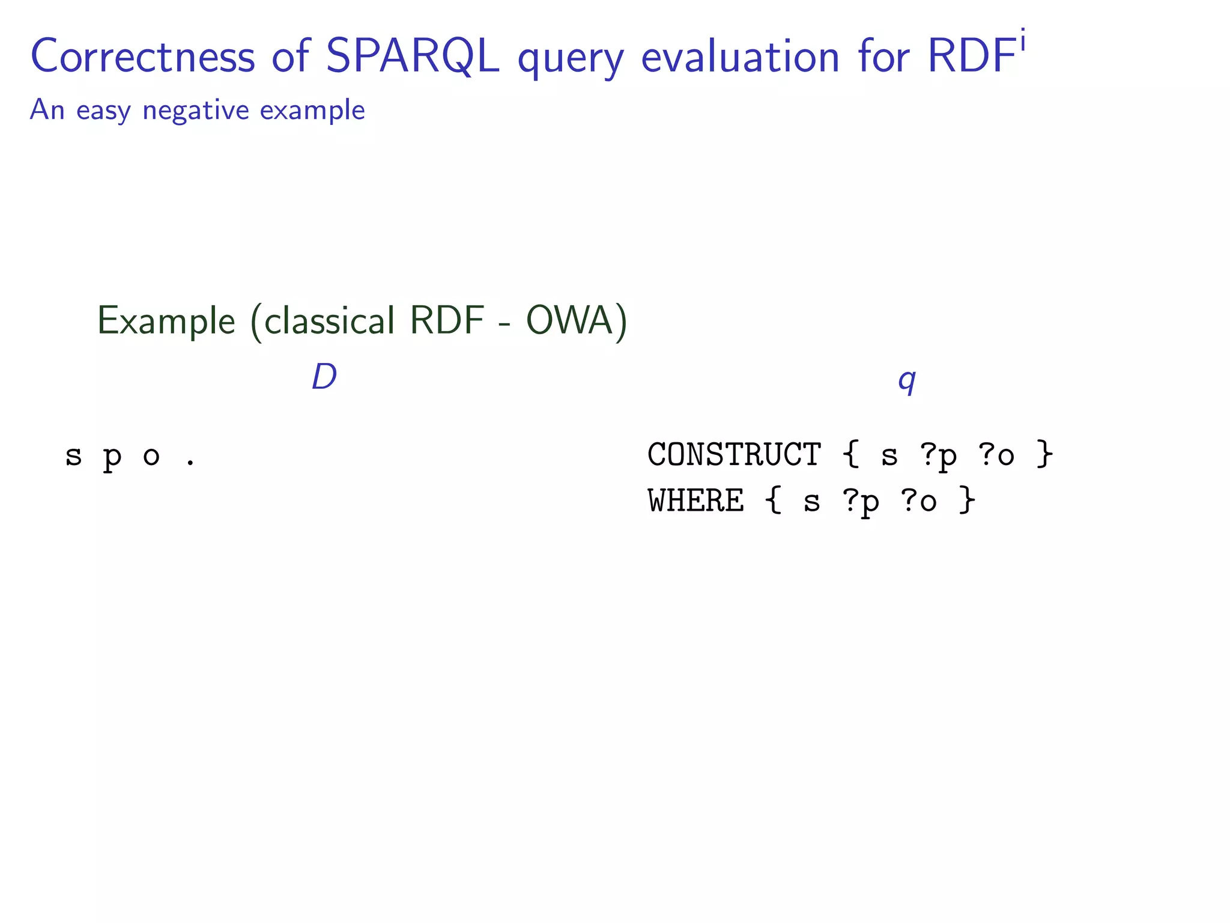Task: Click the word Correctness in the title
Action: [x=143, y=57]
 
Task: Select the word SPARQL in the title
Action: [x=412, y=57]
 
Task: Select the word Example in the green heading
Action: [x=166, y=321]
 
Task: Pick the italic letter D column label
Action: [x=324, y=377]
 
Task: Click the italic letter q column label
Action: [x=907, y=380]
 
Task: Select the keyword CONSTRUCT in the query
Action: [x=734, y=454]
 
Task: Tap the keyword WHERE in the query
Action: [x=695, y=501]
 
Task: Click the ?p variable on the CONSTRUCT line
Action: [x=938, y=455]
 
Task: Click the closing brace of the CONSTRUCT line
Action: [x=1045, y=454]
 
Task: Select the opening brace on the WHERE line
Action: [x=774, y=501]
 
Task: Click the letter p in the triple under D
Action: [x=112, y=458]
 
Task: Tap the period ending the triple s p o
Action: [x=190, y=463]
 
